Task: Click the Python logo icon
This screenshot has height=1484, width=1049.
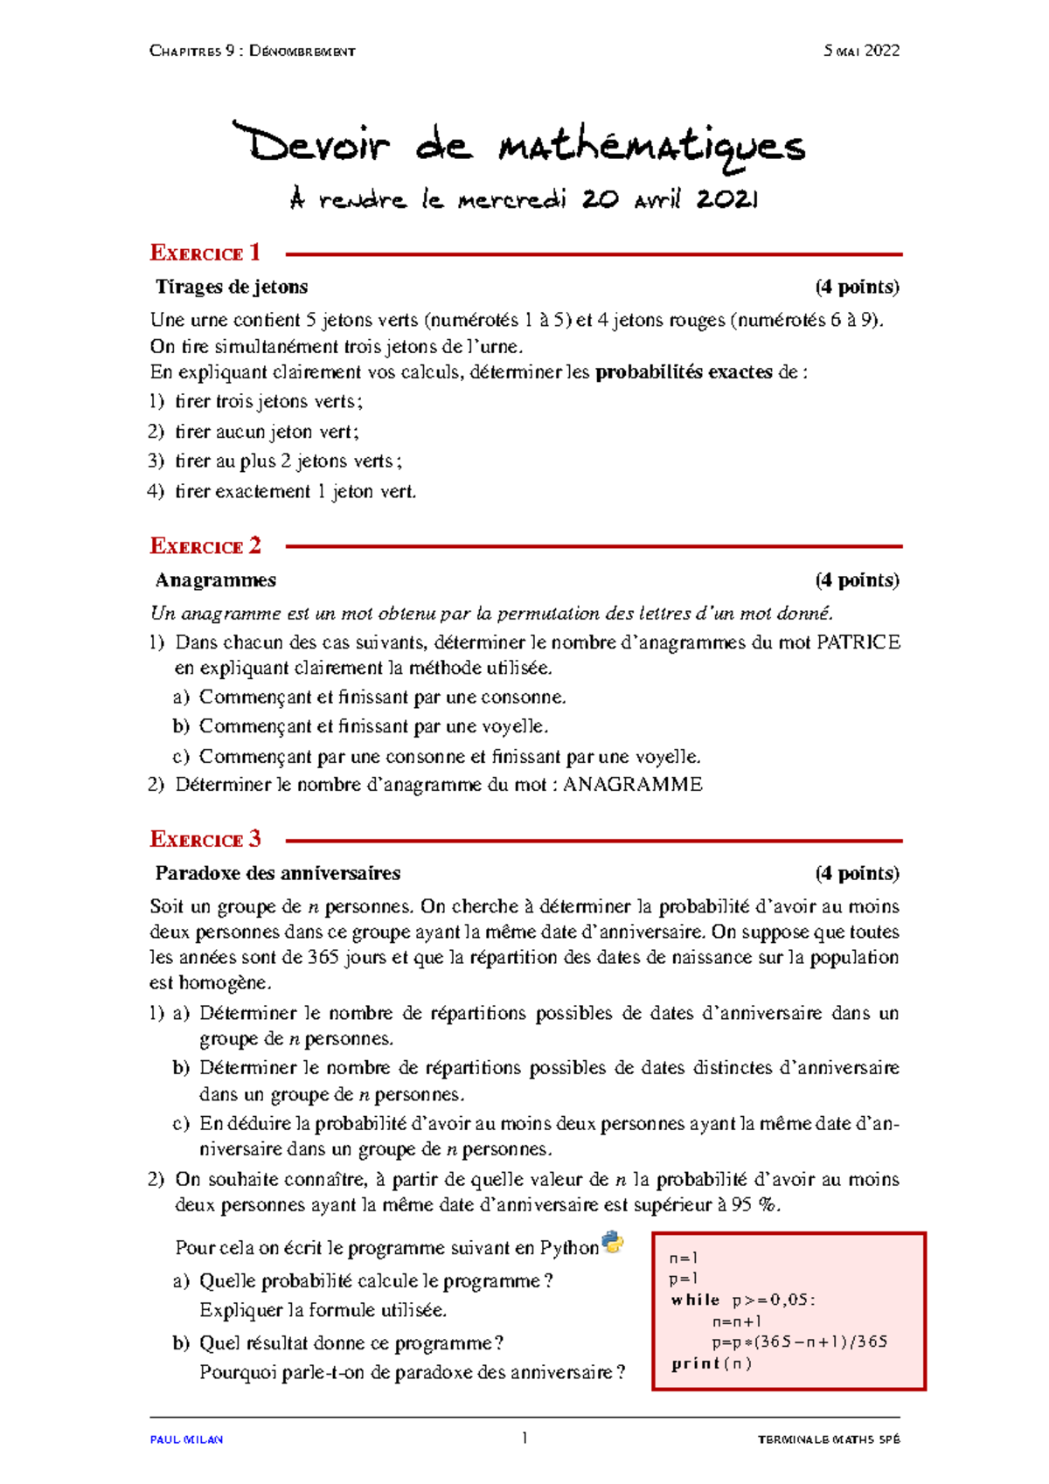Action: click(x=613, y=1243)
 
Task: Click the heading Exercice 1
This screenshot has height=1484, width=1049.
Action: click(x=205, y=253)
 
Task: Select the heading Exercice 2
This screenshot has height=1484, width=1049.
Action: click(x=205, y=546)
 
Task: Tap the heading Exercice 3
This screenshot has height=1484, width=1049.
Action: click(x=205, y=840)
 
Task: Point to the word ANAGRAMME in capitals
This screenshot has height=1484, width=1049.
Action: click(x=632, y=785)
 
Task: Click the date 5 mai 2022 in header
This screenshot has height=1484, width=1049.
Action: click(x=861, y=51)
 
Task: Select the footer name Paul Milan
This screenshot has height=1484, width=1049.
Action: click(x=186, y=1439)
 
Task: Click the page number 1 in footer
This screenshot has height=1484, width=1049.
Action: click(x=524, y=1438)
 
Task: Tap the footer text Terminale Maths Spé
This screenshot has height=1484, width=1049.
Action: click(x=828, y=1439)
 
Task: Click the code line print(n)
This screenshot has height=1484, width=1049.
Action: click(x=712, y=1363)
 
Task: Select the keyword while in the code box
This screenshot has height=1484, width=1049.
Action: click(x=695, y=1300)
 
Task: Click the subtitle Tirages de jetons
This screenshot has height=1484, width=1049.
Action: click(x=232, y=287)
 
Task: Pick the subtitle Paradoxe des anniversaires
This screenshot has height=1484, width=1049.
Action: click(x=277, y=873)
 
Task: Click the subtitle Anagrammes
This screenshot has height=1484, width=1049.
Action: click(x=215, y=580)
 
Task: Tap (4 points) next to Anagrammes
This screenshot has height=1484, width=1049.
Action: click(x=857, y=580)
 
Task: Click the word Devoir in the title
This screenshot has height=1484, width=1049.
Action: click(x=310, y=144)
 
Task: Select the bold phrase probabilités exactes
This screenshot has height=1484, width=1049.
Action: click(x=684, y=372)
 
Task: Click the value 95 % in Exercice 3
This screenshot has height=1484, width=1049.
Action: click(x=755, y=1205)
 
